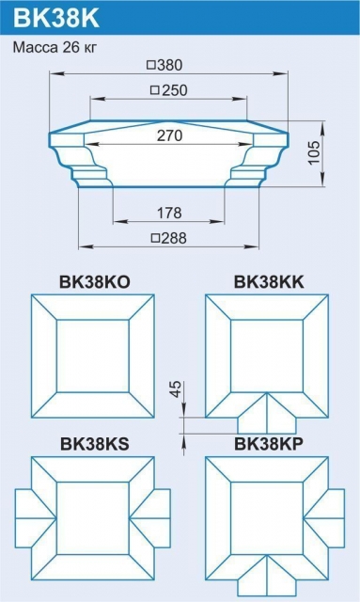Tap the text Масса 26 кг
tap(55, 45)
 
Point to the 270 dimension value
tap(169, 135)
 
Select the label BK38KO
tap(93, 281)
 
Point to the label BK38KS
tap(93, 444)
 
